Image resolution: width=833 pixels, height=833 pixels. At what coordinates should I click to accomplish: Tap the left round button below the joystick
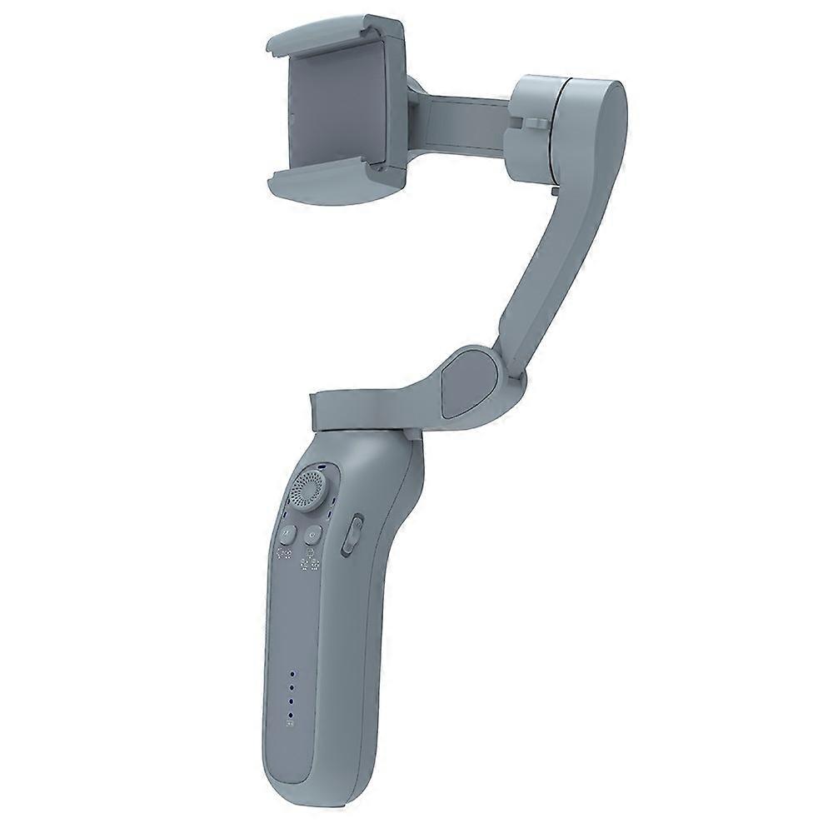click(x=287, y=533)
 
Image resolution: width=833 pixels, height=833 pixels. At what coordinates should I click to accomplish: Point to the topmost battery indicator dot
click(x=292, y=675)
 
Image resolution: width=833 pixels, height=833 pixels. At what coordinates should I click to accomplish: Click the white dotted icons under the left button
click(x=285, y=556)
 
